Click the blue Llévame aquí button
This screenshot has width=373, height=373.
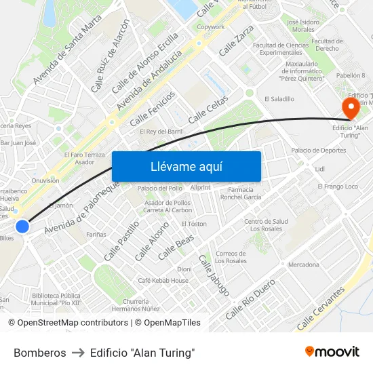(x=186, y=167)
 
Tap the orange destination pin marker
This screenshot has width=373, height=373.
(x=351, y=108)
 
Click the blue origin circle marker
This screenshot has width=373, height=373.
(x=22, y=227)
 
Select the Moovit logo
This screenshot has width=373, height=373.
(x=332, y=351)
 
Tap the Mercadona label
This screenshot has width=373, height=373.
(x=303, y=264)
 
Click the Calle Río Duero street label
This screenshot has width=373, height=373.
(x=250, y=299)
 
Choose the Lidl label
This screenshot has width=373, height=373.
(x=321, y=169)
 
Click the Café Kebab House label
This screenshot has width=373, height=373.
(x=163, y=280)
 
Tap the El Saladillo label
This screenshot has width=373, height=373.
(x=279, y=98)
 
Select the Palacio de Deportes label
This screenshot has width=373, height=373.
(x=318, y=150)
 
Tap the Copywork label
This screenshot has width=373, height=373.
(x=210, y=27)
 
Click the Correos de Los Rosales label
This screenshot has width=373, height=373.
(x=231, y=257)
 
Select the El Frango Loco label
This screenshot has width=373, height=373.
(x=337, y=186)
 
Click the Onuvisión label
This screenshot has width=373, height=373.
(x=45, y=180)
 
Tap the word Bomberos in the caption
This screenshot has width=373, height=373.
(x=40, y=353)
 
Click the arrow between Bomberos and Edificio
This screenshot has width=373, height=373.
(x=78, y=353)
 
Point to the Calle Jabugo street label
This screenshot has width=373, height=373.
(x=213, y=275)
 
